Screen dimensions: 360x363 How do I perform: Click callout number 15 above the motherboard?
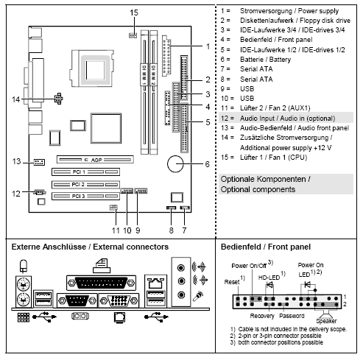(133, 13)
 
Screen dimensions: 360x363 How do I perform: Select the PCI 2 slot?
(86, 183)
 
